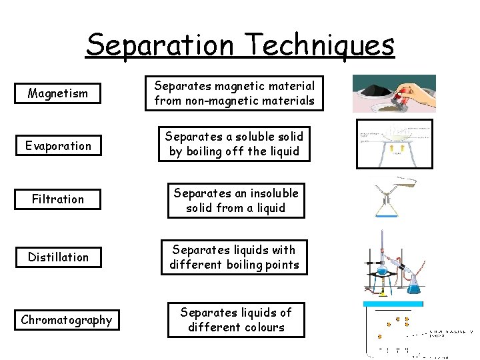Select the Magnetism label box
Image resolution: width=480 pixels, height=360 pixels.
point(57,93)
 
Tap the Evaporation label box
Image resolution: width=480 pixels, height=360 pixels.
point(57,146)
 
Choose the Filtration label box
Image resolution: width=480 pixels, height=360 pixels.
point(58,199)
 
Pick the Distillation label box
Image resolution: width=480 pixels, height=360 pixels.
point(58,257)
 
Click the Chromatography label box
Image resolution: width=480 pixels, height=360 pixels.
point(66,320)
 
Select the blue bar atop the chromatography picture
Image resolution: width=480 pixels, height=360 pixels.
point(393,304)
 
